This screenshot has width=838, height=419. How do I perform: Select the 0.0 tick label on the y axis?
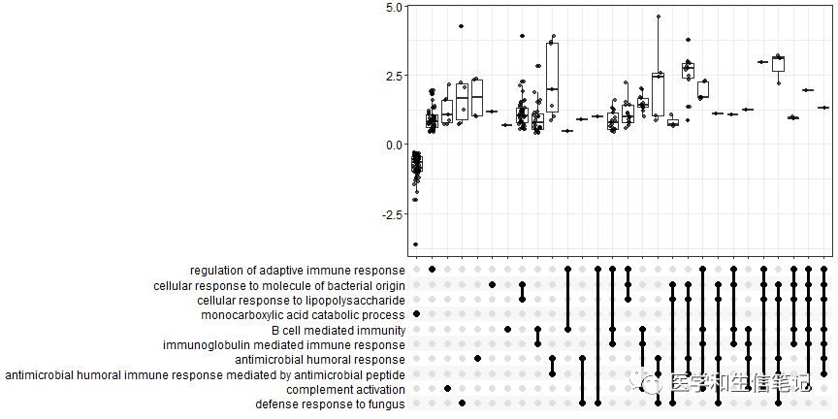pyautogui.click(x=392, y=145)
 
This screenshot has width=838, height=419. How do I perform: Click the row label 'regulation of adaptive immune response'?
pyautogui.click(x=298, y=270)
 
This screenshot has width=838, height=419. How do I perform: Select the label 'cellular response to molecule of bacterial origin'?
pyautogui.click(x=279, y=285)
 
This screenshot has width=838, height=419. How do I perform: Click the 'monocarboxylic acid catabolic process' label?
pyautogui.click(x=304, y=314)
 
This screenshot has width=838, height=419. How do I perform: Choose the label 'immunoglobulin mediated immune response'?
pyautogui.click(x=284, y=344)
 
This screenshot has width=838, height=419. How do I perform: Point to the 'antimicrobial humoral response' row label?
pyautogui.click(x=320, y=359)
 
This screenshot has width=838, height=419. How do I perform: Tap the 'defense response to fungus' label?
pyautogui.click(x=331, y=403)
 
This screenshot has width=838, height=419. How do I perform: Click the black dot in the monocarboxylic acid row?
pyautogui.click(x=416, y=314)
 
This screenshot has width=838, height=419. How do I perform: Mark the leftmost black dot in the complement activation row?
pyautogui.click(x=446, y=389)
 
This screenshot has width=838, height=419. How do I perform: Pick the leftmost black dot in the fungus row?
pyautogui.click(x=462, y=403)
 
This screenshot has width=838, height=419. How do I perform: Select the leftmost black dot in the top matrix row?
pyautogui.click(x=432, y=270)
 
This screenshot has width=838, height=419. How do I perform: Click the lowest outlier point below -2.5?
pyautogui.click(x=416, y=244)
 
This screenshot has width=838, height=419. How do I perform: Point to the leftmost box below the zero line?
pyautogui.click(x=416, y=164)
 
